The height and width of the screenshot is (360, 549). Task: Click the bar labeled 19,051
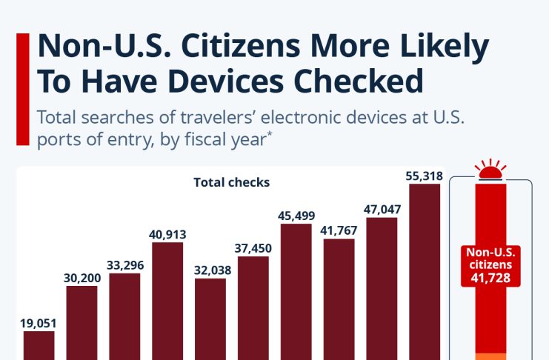coord(39,345)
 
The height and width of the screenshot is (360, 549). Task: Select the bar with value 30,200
coord(81,322)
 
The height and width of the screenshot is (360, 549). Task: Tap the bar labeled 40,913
coord(167,301)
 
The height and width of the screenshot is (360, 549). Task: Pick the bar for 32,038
coord(210,319)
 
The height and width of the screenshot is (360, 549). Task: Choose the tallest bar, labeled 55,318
coord(425,271)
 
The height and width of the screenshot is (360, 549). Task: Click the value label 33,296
coord(124,264)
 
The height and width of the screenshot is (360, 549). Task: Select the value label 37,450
coord(253,247)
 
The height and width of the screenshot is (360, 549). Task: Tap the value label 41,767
coord(339,230)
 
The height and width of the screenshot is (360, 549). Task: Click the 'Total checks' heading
coord(232,181)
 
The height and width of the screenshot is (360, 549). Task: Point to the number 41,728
coord(490,278)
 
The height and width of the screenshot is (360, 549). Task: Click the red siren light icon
coord(490,171)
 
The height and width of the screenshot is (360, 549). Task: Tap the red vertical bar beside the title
coord(22,88)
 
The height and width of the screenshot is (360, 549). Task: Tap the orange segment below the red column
coord(490,356)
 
